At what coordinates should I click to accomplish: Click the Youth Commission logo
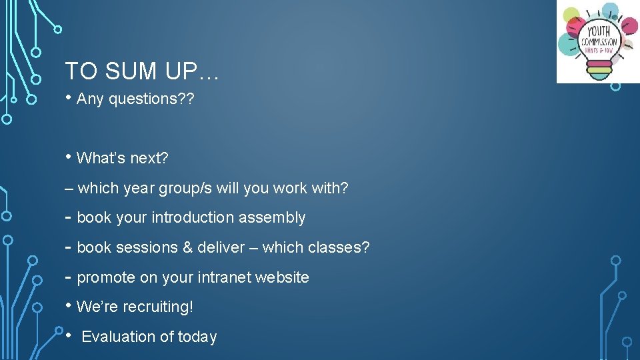[x=597, y=41]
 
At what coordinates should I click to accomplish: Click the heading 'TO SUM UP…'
[x=142, y=71]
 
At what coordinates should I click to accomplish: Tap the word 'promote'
[x=105, y=277]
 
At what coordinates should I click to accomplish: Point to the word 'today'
[x=197, y=337]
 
